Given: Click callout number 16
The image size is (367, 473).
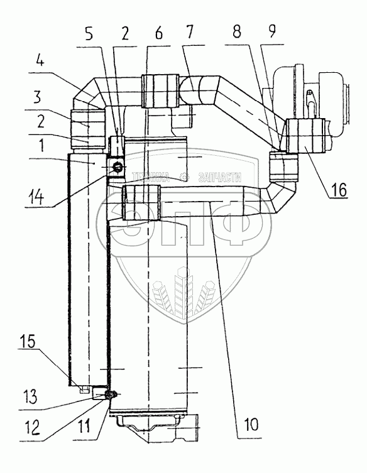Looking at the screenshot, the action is tap(338, 190).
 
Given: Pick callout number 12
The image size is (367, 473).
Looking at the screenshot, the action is tap(32, 427).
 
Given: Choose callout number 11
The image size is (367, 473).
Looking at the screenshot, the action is tap(82, 427).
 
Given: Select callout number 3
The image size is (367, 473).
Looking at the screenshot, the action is tap(37, 97).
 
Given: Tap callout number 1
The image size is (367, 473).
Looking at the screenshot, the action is tap(41, 145).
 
